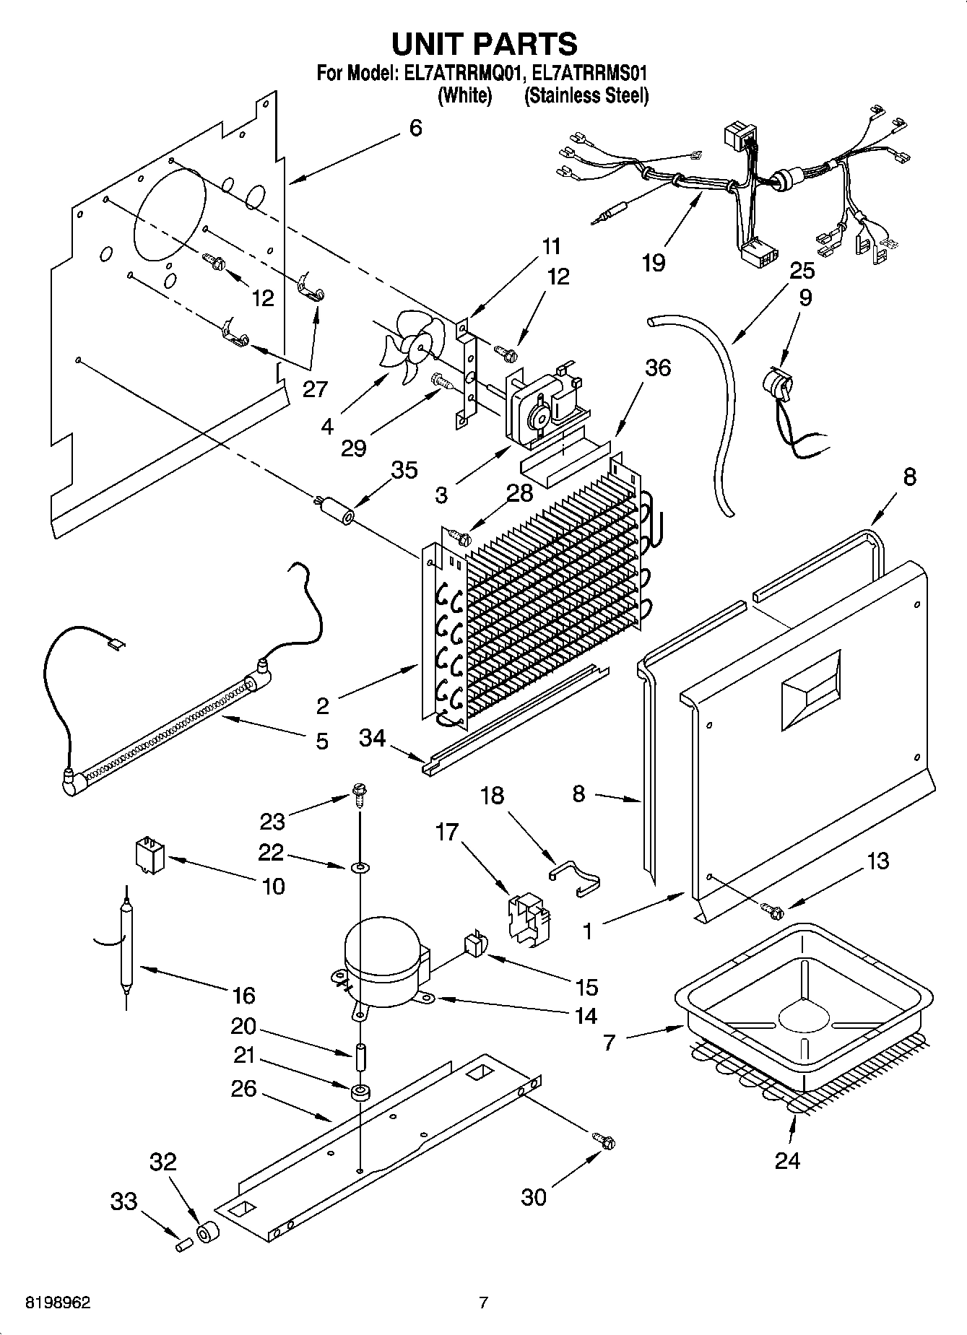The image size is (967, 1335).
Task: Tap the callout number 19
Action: coord(653,263)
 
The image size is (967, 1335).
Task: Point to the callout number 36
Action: coord(657,368)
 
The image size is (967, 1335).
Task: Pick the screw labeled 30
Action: coord(604,1142)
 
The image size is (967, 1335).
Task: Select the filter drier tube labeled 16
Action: coord(126,946)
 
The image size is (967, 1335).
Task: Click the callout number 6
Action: coord(415,128)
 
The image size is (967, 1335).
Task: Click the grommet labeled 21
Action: coord(359,1091)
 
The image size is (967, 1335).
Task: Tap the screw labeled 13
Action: coord(773,911)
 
